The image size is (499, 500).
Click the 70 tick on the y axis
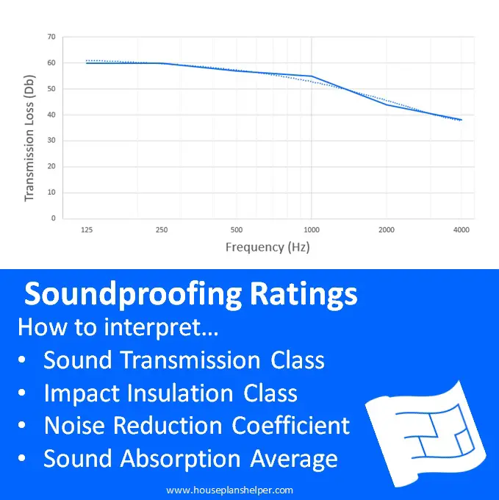[51, 37]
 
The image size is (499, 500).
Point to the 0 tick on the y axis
[53, 218]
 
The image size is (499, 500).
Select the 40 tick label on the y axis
[51, 115]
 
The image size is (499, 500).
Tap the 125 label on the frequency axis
[86, 230]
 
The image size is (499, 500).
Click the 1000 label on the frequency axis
[311, 230]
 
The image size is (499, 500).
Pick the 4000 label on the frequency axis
[462, 230]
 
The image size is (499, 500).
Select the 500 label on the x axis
[236, 230]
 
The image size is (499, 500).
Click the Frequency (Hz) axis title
[268, 247]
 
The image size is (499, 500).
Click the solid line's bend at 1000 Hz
[311, 76]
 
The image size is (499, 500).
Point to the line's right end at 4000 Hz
[462, 120]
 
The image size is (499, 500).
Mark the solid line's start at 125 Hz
[87, 63]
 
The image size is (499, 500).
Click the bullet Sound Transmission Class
[184, 360]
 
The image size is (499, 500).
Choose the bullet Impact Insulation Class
[170, 393]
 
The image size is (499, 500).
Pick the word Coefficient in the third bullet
[291, 426]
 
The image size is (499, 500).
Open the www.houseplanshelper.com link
[229, 490]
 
